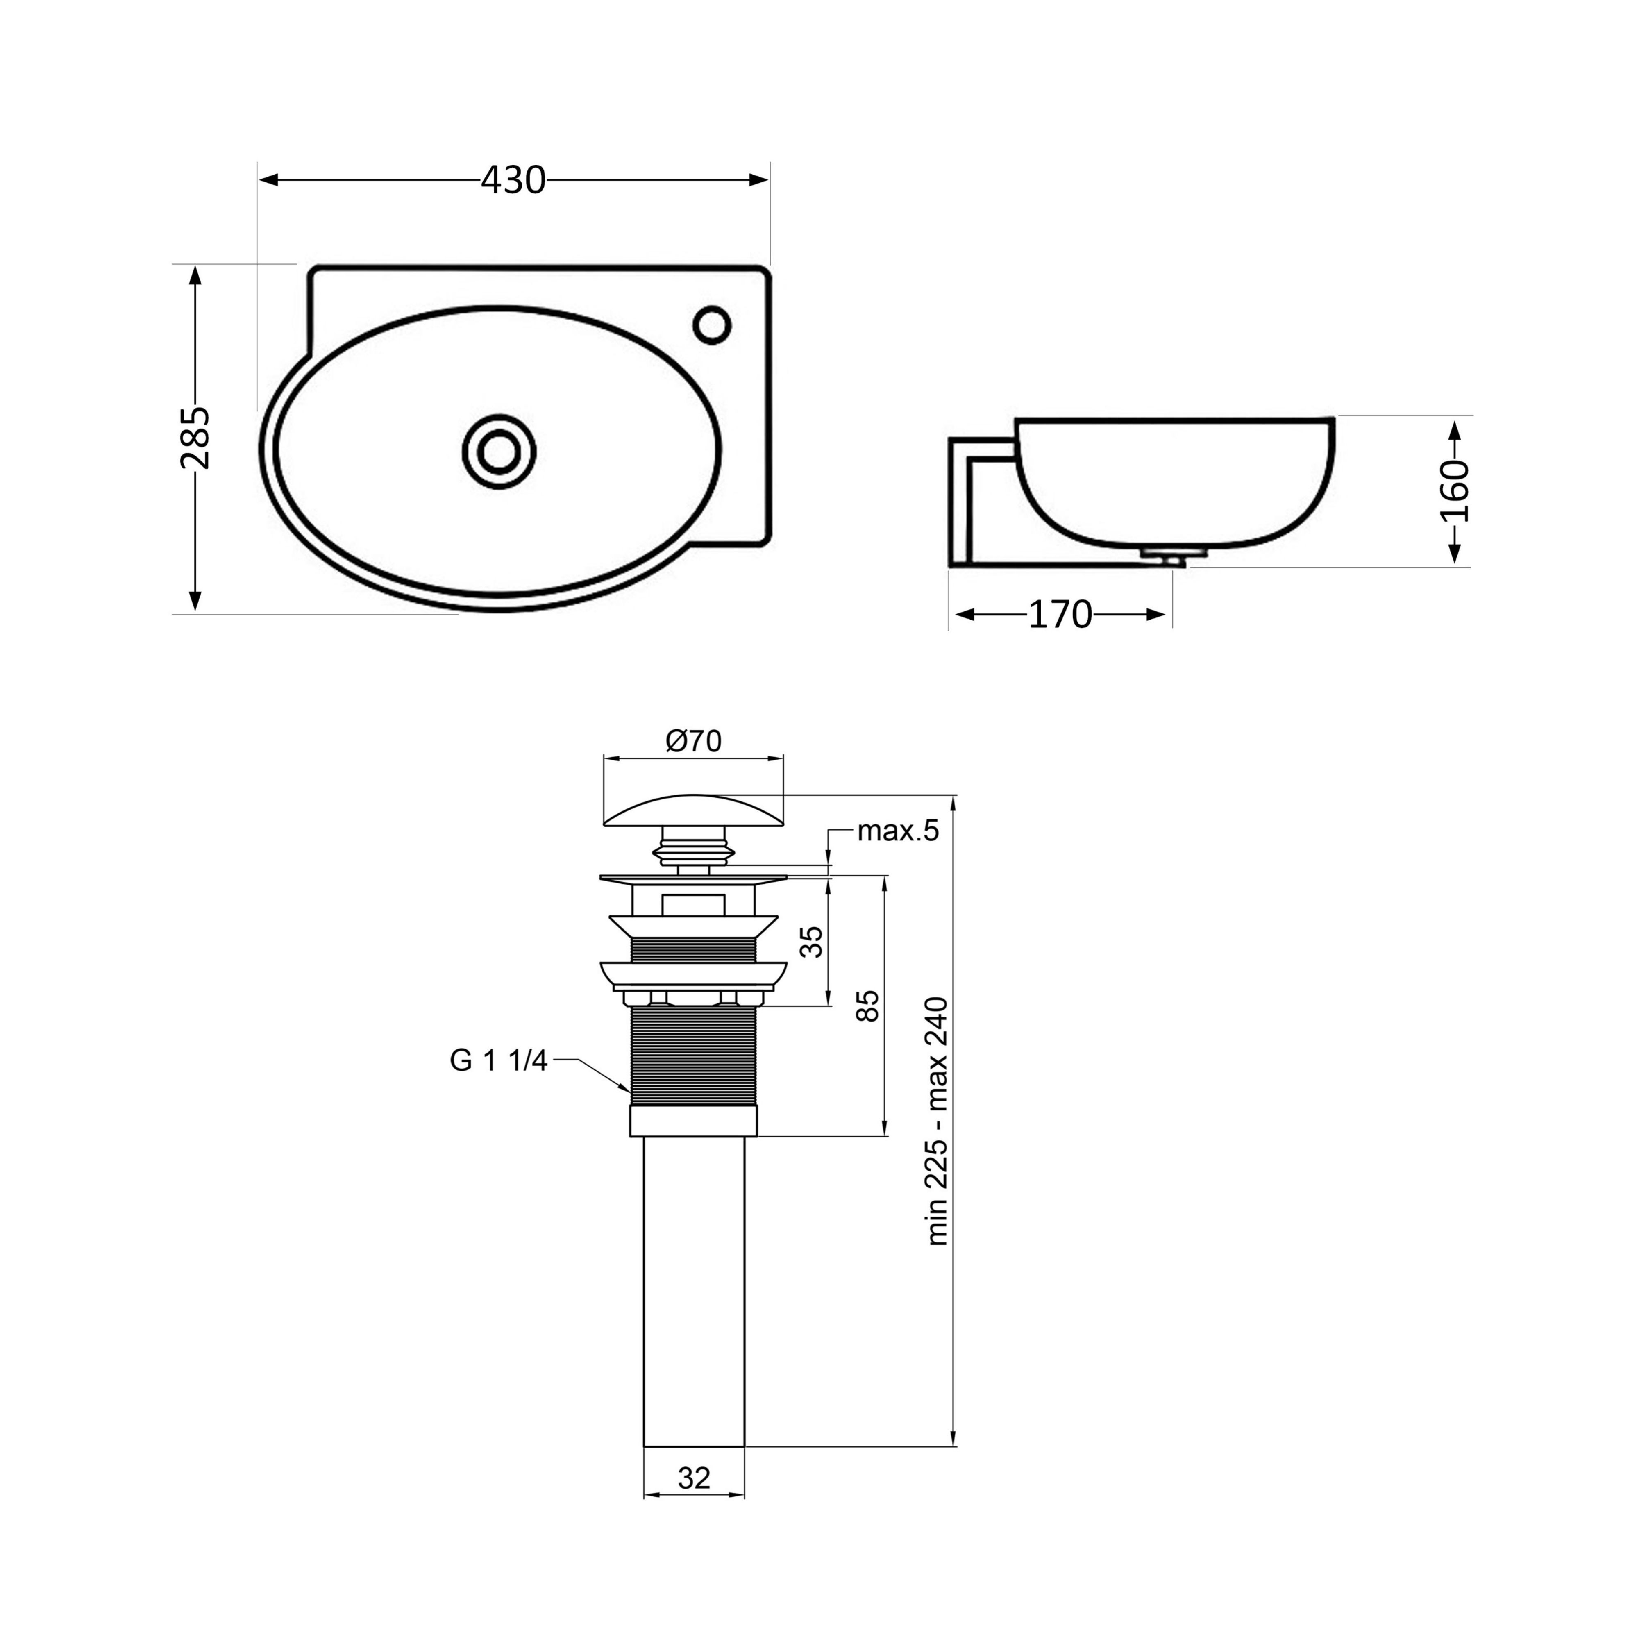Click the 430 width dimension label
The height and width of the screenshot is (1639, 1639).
[513, 180]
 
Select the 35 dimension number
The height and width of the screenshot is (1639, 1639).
[812, 942]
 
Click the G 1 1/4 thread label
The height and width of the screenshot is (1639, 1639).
[499, 1060]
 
